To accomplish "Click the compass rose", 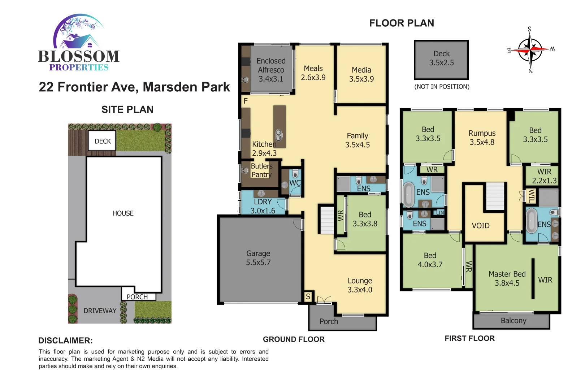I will [530, 50].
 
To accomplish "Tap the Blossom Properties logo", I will [79, 43].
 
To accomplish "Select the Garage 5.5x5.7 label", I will [258, 258].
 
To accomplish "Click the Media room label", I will [361, 74].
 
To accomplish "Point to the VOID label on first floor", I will [481, 226].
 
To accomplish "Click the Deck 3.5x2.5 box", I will [441, 60].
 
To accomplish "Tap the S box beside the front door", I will [308, 296].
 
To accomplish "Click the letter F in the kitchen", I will [246, 101].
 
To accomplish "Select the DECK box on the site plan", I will [103, 141].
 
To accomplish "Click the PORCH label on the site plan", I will [137, 297].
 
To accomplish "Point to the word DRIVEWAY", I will [100, 311].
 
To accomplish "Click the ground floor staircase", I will [327, 219].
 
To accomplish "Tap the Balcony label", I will [513, 321].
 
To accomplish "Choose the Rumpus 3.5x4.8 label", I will [482, 138].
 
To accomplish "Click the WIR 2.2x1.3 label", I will [544, 176].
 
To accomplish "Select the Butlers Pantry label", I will [261, 170].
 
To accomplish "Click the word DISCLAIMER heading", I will [65, 341].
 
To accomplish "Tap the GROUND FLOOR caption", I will [294, 339].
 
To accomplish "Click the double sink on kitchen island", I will [279, 135].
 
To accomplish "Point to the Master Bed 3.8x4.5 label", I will [507, 278].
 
